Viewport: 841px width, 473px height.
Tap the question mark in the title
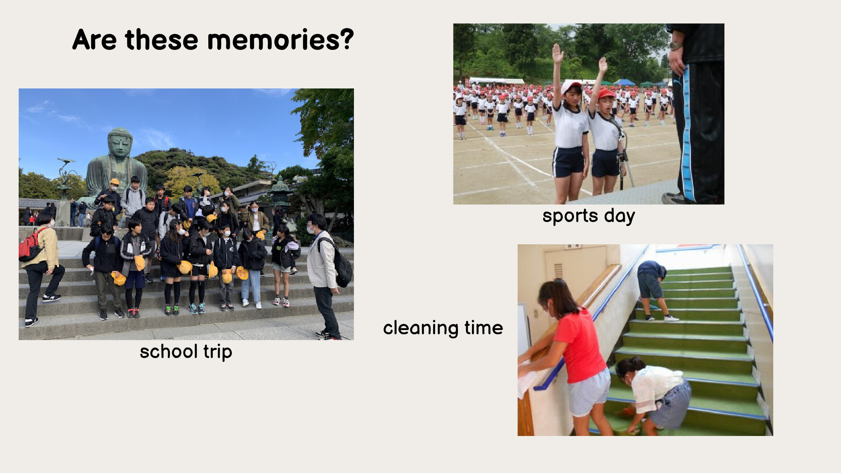(346, 39)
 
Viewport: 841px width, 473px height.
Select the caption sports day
(588, 216)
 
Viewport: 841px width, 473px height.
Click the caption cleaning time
(443, 328)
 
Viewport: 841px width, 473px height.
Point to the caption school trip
(186, 352)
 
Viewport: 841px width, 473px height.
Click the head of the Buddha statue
(120, 142)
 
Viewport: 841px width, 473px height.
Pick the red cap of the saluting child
(606, 93)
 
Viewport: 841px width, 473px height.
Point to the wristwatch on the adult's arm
(676, 46)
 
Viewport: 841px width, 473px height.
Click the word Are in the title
(94, 40)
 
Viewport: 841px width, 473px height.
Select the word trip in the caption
(218, 352)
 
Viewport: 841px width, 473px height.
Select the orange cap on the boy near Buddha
(114, 182)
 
